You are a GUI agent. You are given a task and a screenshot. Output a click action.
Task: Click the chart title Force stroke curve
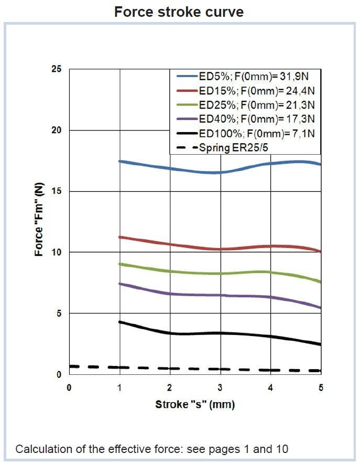pyautogui.click(x=179, y=12)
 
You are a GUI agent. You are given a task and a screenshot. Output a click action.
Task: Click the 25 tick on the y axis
pyautogui.click(x=57, y=69)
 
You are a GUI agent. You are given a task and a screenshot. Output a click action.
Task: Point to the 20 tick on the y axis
pyautogui.click(x=57, y=130)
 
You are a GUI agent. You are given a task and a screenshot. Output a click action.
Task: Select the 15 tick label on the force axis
pyautogui.click(x=57, y=191)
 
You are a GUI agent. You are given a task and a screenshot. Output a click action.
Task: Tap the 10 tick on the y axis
pyautogui.click(x=57, y=252)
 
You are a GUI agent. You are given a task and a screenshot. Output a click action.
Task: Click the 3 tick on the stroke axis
pyautogui.click(x=220, y=387)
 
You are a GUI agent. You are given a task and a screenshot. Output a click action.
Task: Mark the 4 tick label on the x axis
pyautogui.click(x=270, y=387)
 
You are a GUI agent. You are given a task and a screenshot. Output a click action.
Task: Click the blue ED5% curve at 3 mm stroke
pyautogui.click(x=220, y=172)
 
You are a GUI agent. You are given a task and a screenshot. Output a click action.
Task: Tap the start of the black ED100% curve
pyautogui.click(x=121, y=322)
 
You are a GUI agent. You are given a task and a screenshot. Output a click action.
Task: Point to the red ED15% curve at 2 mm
pyautogui.click(x=170, y=244)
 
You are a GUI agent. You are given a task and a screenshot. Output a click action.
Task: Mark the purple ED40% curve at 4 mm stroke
pyautogui.click(x=270, y=297)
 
